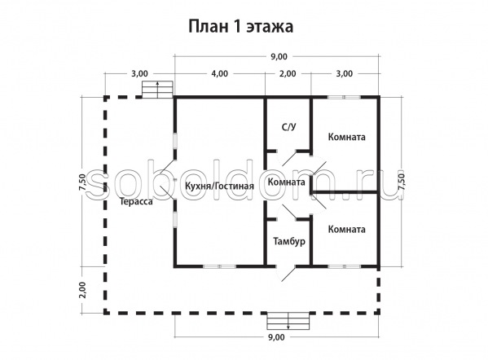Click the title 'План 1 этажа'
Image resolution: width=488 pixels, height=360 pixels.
240,27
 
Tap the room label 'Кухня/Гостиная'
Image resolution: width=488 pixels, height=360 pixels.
219,186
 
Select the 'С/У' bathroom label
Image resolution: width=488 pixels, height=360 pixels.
288,127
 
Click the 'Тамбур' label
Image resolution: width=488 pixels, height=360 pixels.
289,241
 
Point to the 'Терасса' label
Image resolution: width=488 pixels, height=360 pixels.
137,202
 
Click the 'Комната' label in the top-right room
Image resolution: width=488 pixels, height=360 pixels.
347,137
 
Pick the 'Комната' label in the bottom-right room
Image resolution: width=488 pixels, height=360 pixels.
347,230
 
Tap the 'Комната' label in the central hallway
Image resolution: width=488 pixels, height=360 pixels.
286,182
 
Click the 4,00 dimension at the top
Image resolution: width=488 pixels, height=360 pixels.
219,74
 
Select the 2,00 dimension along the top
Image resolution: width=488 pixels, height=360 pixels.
288,74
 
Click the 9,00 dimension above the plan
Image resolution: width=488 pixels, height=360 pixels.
279,57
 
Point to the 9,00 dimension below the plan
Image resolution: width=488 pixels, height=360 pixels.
276,337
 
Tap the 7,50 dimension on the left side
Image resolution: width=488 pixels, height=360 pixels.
82,182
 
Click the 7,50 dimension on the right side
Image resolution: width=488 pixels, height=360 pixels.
402,182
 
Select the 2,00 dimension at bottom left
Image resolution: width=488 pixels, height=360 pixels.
82,290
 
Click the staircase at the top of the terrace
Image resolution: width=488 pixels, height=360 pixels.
157,90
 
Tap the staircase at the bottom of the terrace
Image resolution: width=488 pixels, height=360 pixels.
288,320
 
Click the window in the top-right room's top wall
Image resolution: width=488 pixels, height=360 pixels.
344,97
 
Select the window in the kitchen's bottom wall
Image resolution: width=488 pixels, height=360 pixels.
220,266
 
